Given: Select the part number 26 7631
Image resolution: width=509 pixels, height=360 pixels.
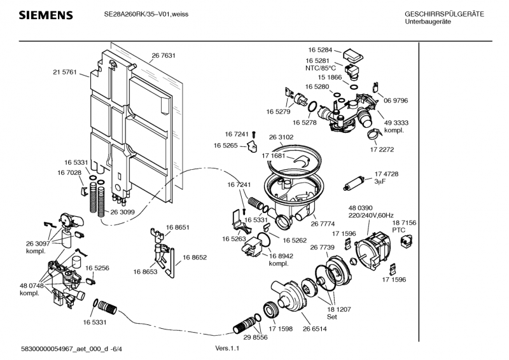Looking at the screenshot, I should pyautogui.click(x=164, y=56).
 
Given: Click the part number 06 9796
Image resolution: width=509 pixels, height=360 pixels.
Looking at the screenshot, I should pyautogui.click(x=396, y=100).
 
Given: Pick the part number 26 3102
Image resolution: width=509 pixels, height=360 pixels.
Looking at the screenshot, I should pyautogui.click(x=281, y=137).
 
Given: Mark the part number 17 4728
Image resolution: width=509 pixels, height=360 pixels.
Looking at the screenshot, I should pyautogui.click(x=386, y=174).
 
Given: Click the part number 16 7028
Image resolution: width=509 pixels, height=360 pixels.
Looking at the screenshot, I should pyautogui.click(x=76, y=172).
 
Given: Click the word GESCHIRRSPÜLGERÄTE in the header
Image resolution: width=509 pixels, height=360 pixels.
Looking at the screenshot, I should pyautogui.click(x=444, y=14).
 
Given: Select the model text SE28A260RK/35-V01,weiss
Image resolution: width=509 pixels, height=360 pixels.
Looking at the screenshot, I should pyautogui.click(x=146, y=14).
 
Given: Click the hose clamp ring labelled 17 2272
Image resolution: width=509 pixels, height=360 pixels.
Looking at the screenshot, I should pyautogui.click(x=373, y=134).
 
